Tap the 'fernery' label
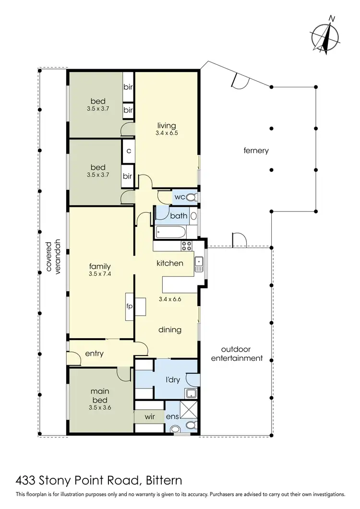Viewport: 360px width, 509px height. coord(255,151)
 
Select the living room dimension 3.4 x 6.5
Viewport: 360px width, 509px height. coord(166,133)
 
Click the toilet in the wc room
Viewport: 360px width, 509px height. coord(191,197)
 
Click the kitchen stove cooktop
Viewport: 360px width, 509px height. coord(186,246)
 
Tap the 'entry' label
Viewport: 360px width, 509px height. coord(94,354)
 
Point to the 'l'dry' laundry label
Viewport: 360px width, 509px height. coord(172,379)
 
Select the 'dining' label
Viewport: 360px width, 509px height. coord(170,330)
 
